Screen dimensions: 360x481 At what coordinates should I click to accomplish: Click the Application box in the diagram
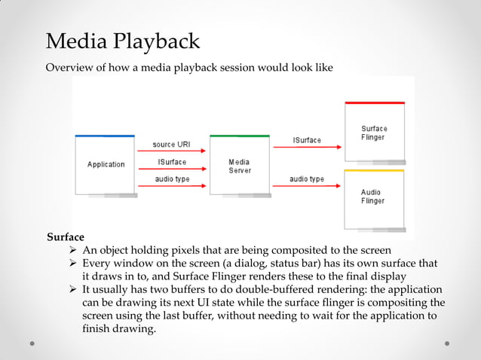click(x=105, y=164)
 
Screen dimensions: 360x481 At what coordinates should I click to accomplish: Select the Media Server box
click(x=239, y=166)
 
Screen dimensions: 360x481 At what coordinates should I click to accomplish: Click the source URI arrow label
click(x=172, y=144)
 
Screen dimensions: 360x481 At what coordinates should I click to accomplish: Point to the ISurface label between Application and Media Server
click(x=172, y=162)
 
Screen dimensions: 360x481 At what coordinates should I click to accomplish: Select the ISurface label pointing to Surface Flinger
click(x=307, y=140)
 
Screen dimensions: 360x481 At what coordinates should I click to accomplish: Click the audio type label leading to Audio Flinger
click(x=307, y=179)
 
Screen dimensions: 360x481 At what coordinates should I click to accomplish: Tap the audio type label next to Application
click(x=172, y=179)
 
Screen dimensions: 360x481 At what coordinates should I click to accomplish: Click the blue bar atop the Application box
click(x=105, y=136)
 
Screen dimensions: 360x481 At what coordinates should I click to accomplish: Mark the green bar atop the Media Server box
click(x=239, y=136)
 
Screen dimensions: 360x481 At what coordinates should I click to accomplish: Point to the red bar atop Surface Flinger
click(x=374, y=102)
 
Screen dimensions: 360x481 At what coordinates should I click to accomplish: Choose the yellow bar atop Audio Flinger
click(x=374, y=171)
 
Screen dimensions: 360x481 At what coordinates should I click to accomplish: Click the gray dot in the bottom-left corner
click(x=33, y=343)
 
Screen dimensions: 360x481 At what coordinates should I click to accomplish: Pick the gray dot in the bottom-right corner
click(x=447, y=343)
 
